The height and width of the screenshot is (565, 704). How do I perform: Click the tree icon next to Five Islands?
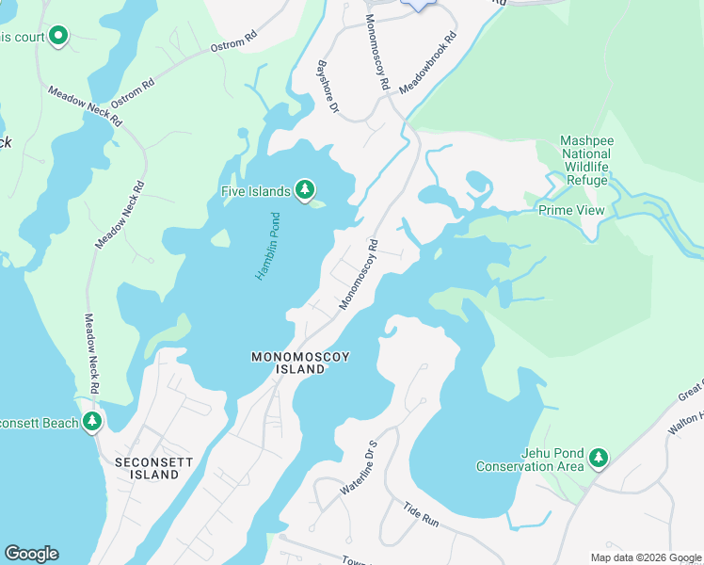(x=304, y=191)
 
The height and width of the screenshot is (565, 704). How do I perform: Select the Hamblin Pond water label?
(x=268, y=245)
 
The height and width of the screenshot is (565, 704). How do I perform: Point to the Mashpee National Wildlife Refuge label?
(x=586, y=161)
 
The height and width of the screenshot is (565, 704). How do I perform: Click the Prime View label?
(x=570, y=210)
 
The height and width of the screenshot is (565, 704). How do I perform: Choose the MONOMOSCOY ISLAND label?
(x=288, y=363)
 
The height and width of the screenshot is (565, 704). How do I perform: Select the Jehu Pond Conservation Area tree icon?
(x=598, y=459)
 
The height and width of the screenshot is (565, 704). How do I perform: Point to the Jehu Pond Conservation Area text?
(x=527, y=460)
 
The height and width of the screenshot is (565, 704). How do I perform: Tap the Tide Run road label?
(x=423, y=513)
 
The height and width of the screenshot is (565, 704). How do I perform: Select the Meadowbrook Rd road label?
(x=427, y=63)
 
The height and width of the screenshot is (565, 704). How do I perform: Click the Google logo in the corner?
(x=31, y=554)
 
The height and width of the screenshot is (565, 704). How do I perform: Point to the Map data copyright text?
(x=645, y=557)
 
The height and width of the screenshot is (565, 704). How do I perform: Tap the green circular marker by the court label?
(x=58, y=37)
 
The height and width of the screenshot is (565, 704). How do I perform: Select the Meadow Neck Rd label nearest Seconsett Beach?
(x=91, y=354)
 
